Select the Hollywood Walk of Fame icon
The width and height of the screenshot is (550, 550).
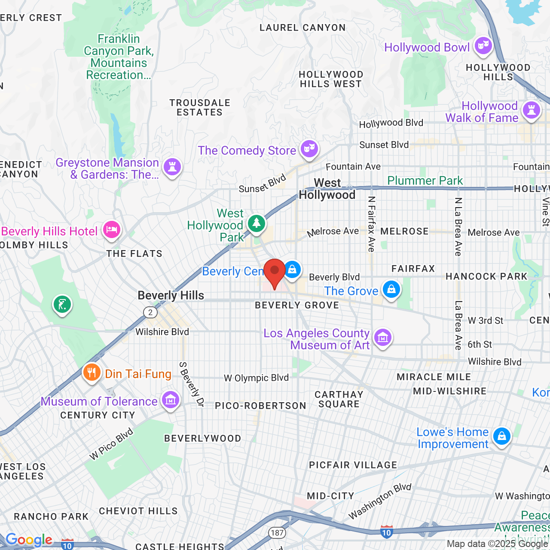click(532, 110)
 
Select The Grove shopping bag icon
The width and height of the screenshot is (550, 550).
click(391, 289)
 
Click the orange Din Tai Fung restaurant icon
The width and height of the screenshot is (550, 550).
click(92, 373)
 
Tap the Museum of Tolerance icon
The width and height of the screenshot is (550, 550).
click(171, 400)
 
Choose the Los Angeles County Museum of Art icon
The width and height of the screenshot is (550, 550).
click(382, 338)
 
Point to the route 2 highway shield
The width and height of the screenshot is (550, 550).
click(150, 312)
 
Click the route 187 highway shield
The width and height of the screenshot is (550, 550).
click(277, 533)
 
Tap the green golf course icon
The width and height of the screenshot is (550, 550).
click(62, 305)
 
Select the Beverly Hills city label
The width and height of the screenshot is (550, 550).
click(171, 296)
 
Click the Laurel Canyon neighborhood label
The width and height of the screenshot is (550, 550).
click(302, 28)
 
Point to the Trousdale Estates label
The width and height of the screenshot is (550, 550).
click(200, 107)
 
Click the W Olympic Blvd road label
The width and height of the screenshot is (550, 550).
click(256, 378)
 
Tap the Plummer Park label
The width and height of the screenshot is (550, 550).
click(425, 180)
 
